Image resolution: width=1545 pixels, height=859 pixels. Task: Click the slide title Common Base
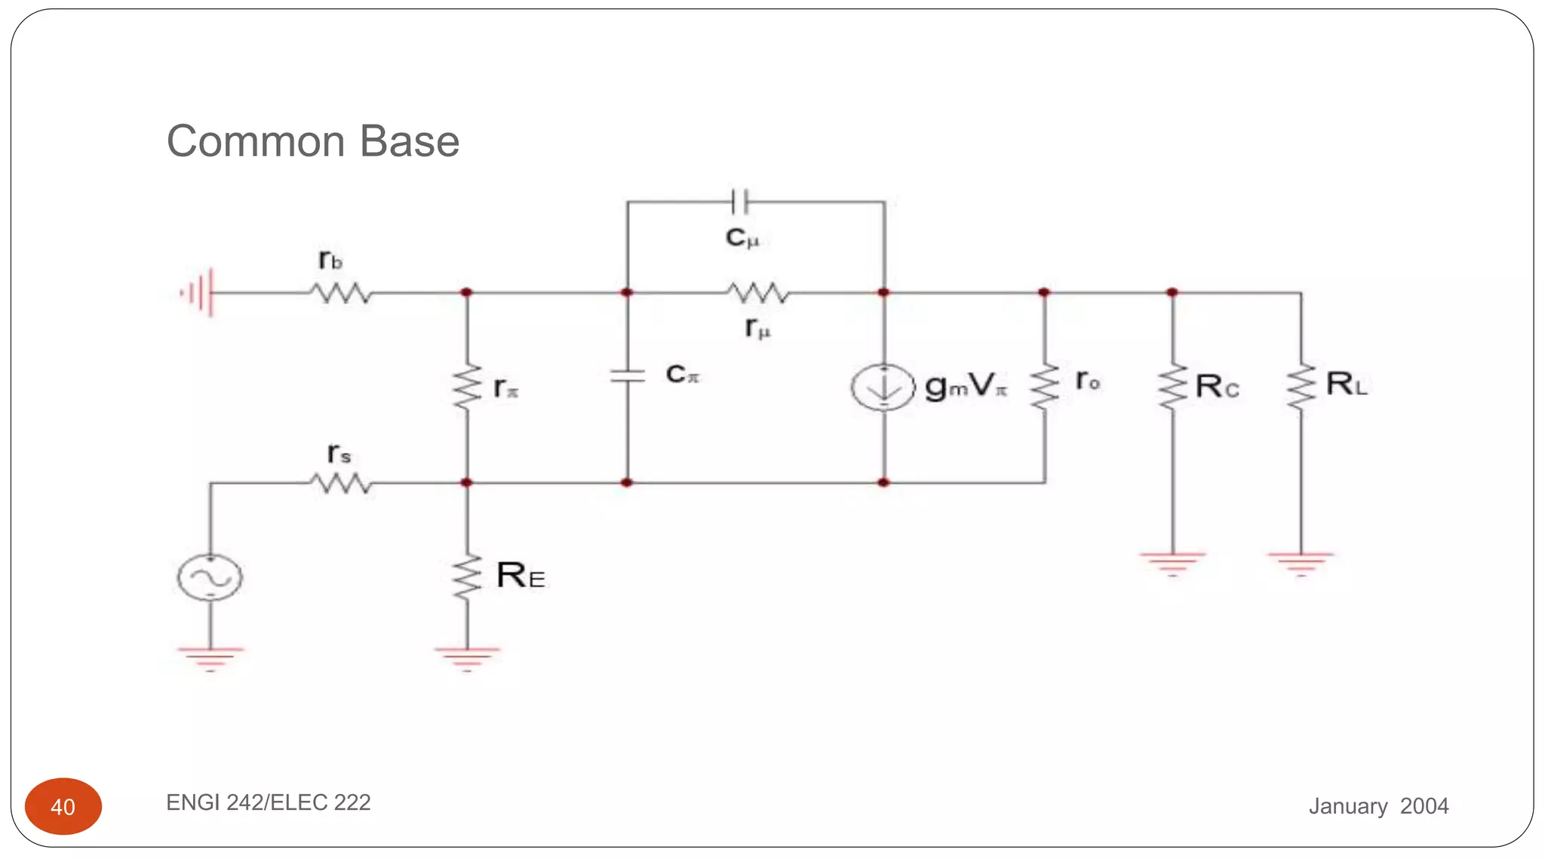pos(312,141)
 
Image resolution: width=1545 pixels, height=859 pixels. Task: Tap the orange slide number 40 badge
pos(63,806)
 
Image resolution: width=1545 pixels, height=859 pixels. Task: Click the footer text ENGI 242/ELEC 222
pos(268,802)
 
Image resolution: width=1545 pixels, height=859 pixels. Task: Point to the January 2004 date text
pos(1378,805)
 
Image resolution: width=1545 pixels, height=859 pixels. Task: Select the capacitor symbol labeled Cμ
pos(740,202)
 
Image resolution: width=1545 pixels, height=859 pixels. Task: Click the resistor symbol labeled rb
pos(341,292)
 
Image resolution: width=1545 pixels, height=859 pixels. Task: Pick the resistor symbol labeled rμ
pos(758,292)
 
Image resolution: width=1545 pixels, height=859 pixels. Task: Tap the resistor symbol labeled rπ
pos(467,386)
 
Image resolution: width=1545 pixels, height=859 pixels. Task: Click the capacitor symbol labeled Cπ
pos(627,375)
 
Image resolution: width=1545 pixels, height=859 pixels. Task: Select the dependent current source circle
pos(883,386)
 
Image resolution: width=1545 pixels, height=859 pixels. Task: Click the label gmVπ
pos(966,386)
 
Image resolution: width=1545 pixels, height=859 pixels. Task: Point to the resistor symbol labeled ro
pos(1045,386)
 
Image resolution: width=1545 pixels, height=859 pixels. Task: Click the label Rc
pos(1217,386)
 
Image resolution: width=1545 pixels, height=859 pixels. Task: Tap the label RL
pos(1347,384)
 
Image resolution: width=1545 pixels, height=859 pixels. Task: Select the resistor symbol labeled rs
pos(341,482)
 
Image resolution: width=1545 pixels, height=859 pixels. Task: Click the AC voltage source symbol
pos(210,577)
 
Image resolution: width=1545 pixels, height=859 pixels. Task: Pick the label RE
pos(521,576)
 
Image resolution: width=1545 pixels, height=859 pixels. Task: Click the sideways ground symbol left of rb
pos(198,292)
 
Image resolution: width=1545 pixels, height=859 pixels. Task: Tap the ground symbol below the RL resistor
pos(1301,563)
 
